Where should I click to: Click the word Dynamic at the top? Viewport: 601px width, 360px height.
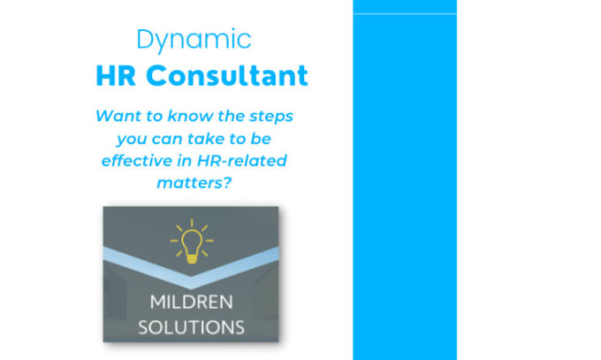[194, 40]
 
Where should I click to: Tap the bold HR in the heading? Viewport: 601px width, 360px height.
[116, 75]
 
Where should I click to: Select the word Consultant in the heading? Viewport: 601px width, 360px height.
[227, 75]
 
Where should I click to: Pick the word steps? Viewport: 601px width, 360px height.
[271, 117]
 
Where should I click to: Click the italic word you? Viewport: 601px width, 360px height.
[132, 140]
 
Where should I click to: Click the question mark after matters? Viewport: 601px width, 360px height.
[227, 182]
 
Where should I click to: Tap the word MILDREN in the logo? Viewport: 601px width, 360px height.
[191, 302]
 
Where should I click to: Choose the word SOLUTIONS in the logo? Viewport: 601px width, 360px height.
[191, 327]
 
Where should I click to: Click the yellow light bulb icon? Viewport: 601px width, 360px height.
[192, 241]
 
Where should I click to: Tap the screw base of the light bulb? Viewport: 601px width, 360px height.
[192, 259]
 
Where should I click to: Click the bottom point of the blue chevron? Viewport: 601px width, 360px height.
[191, 288]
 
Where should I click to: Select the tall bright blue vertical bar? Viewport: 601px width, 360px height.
[405, 180]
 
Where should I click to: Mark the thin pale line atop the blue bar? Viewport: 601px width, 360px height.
[405, 14]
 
